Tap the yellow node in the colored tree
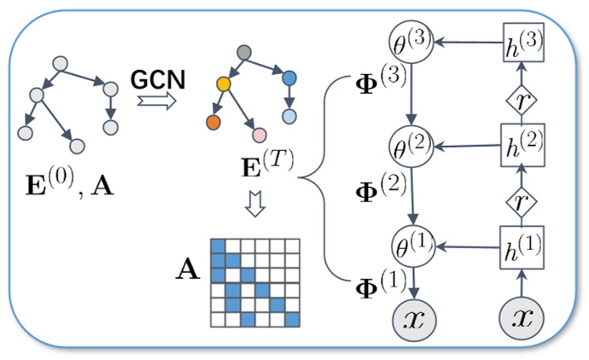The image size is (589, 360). (225, 85)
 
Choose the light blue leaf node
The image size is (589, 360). (290, 116)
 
